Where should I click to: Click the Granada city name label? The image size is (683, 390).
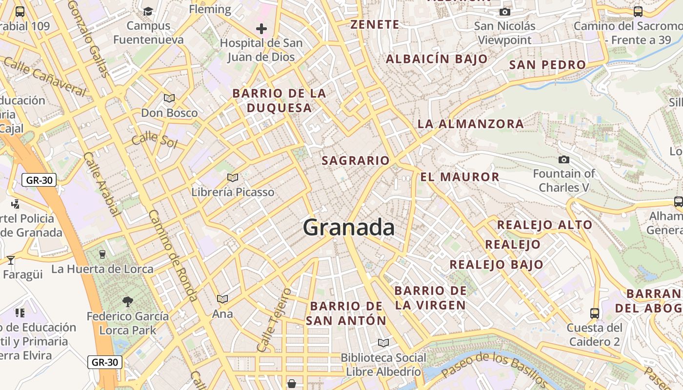(x=348, y=228)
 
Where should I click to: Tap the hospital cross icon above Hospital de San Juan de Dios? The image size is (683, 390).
(x=261, y=29)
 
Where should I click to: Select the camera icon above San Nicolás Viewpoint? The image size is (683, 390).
(x=504, y=12)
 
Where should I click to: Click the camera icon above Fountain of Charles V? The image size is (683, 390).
(x=563, y=159)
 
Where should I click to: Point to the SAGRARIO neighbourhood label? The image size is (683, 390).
(x=356, y=160)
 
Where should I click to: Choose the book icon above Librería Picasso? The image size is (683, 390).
(x=233, y=178)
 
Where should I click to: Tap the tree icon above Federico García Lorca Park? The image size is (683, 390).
(x=128, y=302)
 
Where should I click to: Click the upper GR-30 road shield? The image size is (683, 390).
(x=39, y=180)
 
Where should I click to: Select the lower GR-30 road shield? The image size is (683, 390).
(x=105, y=362)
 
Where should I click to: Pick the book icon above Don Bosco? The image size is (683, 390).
(x=169, y=98)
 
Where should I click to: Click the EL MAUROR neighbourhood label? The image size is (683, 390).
(x=460, y=177)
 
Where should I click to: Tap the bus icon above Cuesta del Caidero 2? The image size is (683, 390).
(x=594, y=313)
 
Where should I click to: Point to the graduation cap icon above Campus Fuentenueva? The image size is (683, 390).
(x=148, y=11)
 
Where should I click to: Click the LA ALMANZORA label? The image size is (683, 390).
(x=470, y=124)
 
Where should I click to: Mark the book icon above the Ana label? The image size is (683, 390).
(x=222, y=299)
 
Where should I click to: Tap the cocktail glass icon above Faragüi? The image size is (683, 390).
(x=11, y=260)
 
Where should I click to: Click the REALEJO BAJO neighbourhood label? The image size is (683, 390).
(x=496, y=265)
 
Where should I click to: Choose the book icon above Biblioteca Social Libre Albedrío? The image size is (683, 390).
(x=383, y=343)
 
